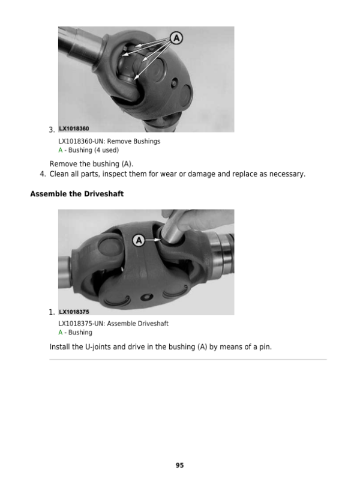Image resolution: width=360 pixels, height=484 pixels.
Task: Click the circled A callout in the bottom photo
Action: [139, 240]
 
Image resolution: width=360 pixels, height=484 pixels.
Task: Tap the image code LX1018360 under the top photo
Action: [74, 129]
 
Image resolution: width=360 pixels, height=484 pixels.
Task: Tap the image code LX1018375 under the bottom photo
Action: [74, 312]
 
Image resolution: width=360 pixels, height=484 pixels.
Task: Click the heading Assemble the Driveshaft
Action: [77, 194]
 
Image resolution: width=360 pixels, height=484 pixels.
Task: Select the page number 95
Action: [179, 465]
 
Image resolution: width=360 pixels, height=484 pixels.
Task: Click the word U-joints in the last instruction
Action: [100, 347]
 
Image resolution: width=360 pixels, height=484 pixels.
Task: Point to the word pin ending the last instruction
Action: [264, 347]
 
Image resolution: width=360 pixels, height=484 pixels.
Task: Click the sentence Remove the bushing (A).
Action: [91, 163]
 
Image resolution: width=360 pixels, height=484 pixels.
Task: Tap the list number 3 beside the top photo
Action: [52, 130]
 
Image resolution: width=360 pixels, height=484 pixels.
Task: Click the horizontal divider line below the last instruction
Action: [188, 360]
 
